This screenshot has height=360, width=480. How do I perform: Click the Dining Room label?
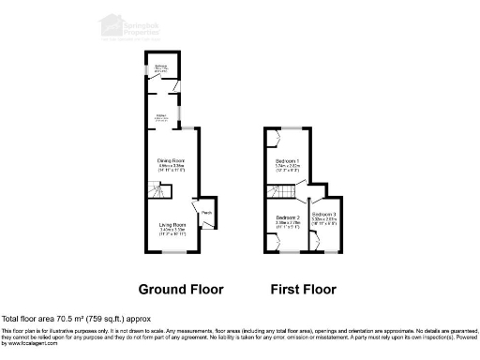tap(171, 161)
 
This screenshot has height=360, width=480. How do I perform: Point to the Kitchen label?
tap(160, 115)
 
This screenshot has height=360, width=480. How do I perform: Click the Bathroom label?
tap(160, 66)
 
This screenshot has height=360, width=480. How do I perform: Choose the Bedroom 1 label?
tap(288, 161)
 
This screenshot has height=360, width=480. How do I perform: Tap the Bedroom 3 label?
tap(324, 216)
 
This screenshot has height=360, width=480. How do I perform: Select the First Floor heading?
tap(303, 289)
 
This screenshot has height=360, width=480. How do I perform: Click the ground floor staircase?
tap(156, 194)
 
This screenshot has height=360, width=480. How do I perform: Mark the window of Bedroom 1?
tap(288, 127)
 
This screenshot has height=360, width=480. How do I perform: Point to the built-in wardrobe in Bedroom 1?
tap(272, 141)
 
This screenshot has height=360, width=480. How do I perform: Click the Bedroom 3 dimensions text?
tap(324, 224)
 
